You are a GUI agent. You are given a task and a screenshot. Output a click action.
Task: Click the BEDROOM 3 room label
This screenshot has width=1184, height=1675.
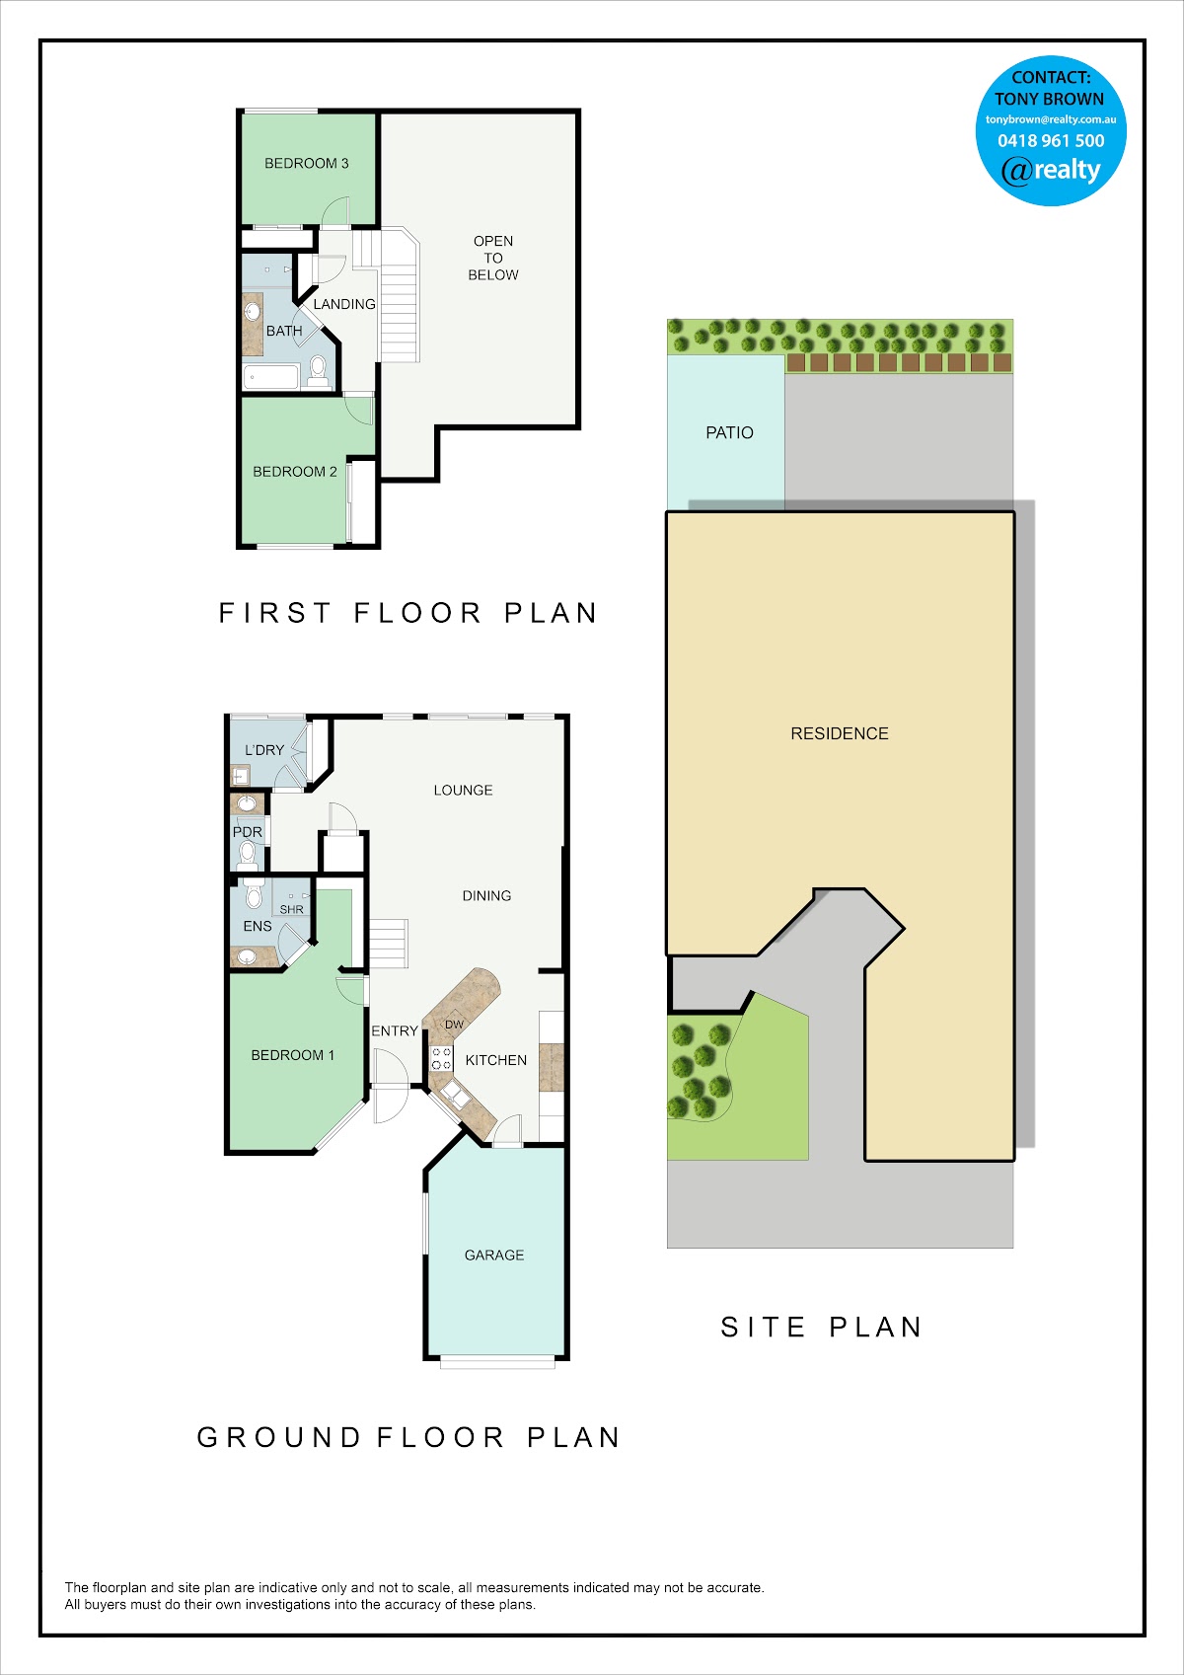pyautogui.click(x=307, y=163)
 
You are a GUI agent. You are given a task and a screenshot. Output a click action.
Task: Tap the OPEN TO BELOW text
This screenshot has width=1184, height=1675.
pyautogui.click(x=493, y=258)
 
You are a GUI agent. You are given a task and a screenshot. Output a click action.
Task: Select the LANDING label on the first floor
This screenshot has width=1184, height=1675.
pyautogui.click(x=343, y=304)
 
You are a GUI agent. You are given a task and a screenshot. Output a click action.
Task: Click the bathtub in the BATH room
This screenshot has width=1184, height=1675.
pyautogui.click(x=270, y=376)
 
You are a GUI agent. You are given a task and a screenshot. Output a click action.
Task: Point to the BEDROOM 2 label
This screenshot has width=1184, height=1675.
pyautogui.click(x=294, y=472)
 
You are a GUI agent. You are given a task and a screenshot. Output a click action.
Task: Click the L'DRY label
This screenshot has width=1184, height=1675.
pyautogui.click(x=264, y=750)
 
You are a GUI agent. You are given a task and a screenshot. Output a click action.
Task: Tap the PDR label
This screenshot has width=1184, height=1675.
pyautogui.click(x=248, y=832)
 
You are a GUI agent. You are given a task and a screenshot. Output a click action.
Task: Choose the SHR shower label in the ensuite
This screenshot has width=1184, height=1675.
pyautogui.click(x=291, y=910)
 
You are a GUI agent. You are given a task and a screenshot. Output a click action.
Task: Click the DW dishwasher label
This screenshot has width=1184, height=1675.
pyautogui.click(x=455, y=1025)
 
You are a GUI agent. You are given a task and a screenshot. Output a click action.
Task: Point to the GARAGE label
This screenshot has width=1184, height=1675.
pyautogui.click(x=494, y=1255)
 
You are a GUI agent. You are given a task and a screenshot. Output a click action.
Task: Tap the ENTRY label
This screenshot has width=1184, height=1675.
pyautogui.click(x=395, y=1031)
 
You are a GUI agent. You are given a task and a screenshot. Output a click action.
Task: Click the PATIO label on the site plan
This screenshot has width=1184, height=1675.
pyautogui.click(x=729, y=433)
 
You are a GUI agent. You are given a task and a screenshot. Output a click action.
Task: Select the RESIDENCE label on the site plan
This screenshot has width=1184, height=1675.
pyautogui.click(x=840, y=733)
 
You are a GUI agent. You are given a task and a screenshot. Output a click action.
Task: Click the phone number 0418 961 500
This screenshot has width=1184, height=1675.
pyautogui.click(x=1051, y=140)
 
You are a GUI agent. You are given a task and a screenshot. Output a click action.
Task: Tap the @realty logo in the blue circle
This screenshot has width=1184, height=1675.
pyautogui.click(x=1051, y=171)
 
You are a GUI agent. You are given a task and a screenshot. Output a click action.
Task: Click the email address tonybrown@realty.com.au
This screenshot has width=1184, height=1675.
pyautogui.click(x=1051, y=119)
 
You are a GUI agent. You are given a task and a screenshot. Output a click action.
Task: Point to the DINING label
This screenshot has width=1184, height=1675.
pyautogui.click(x=486, y=896)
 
